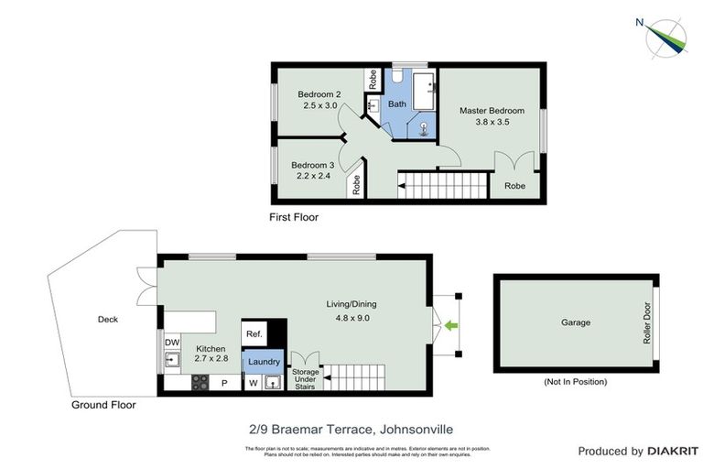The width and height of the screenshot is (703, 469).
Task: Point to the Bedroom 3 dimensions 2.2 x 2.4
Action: point(311,177)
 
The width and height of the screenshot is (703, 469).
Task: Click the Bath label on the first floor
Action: point(397,104)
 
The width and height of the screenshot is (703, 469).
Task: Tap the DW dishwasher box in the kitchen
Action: point(171,343)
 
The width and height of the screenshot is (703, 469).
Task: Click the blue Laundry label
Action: point(263,362)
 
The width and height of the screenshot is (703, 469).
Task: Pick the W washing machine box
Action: point(253,383)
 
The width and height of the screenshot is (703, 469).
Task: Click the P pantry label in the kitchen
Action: point(224,383)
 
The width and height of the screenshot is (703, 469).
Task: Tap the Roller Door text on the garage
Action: point(646,323)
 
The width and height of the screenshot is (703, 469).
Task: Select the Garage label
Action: point(576,322)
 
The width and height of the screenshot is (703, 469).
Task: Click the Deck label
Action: point(109,320)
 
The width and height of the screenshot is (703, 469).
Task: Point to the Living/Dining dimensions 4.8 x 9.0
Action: point(351,318)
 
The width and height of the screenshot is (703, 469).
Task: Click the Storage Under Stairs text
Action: point(306,377)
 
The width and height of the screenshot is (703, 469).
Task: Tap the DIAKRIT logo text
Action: point(673,451)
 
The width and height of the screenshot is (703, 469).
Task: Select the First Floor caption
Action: point(292,218)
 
